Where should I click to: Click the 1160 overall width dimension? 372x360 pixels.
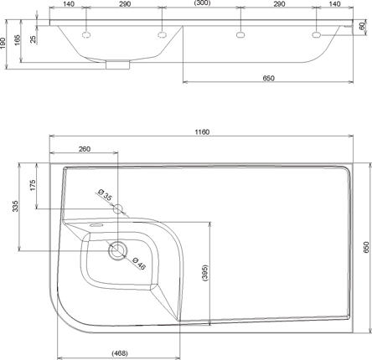point(202,132)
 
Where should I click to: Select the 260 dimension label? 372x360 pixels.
point(85,149)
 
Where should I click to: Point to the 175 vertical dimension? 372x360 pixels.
point(33,185)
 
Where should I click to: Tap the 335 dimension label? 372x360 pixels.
point(15,206)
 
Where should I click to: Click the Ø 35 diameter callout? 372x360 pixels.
point(105,194)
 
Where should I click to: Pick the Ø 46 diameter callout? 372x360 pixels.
point(139,264)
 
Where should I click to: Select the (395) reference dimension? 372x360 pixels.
point(205,273)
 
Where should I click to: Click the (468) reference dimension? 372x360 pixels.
point(120,353)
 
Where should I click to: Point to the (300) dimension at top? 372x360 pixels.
point(202,3)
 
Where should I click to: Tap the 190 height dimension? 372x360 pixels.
point(3,44)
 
